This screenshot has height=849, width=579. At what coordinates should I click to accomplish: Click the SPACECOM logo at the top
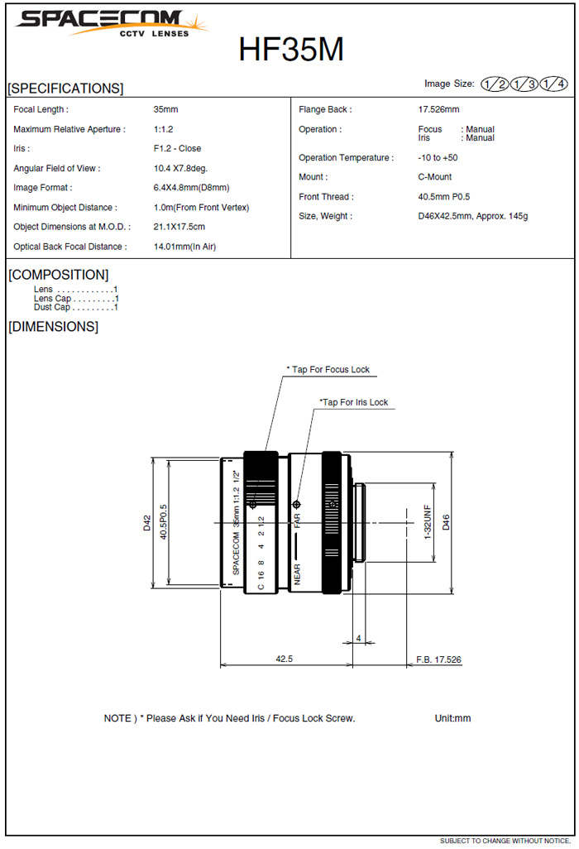[112, 22]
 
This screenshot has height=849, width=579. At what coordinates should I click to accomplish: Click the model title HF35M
[291, 50]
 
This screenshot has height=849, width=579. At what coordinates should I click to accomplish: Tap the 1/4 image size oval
[552, 84]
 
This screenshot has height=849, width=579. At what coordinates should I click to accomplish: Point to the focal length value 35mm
[165, 109]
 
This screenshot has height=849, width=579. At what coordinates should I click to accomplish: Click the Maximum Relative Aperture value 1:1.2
[163, 129]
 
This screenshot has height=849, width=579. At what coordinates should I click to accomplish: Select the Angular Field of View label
[57, 168]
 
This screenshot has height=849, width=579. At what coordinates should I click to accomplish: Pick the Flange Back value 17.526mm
[438, 109]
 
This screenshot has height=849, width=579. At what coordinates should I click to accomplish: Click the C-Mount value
[435, 177]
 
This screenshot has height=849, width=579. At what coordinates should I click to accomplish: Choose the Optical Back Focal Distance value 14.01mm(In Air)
[184, 247]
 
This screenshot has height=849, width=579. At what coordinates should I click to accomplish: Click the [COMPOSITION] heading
[58, 275]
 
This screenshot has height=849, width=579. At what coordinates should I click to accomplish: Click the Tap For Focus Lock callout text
[328, 370]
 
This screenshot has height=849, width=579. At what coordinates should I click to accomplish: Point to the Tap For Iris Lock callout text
[354, 403]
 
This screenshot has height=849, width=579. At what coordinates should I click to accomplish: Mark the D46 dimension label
[447, 522]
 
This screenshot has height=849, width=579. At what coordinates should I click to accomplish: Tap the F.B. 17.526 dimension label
[438, 660]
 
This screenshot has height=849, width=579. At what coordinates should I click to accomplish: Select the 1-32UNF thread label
[428, 523]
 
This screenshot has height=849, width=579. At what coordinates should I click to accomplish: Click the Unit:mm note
[452, 718]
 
